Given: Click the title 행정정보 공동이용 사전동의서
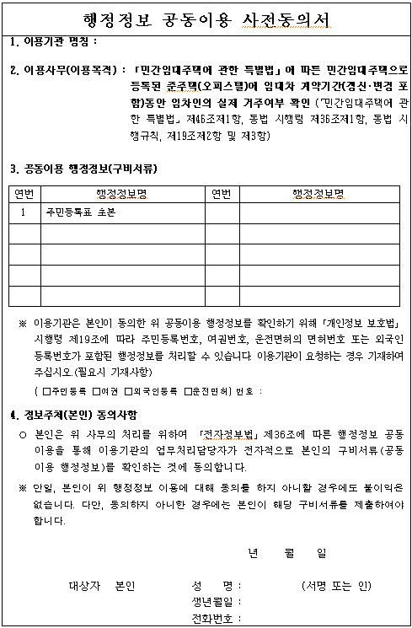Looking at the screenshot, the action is click(206, 19).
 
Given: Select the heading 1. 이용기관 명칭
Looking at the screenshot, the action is click(54, 41).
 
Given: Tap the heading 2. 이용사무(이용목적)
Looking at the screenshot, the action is click(62, 70).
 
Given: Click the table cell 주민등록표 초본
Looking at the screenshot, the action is click(81, 213).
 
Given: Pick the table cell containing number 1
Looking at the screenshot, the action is click(23, 213).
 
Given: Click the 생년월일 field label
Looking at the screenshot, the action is click(212, 602).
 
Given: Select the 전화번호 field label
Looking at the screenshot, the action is click(212, 618).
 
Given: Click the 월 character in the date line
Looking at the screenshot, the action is click(289, 554).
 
